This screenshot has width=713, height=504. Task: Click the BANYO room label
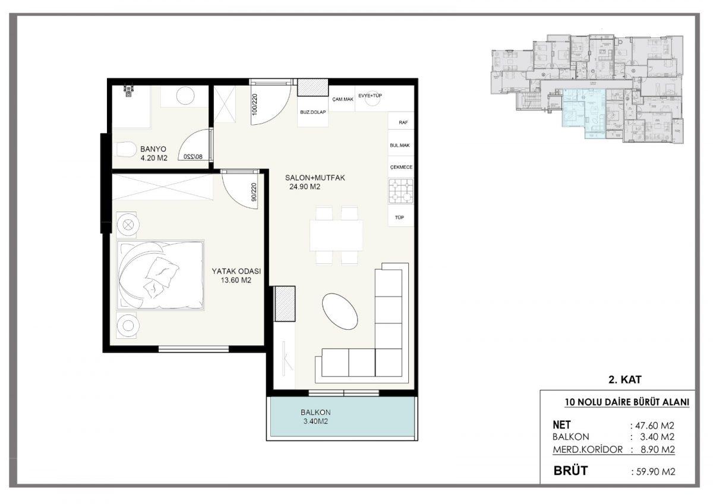click(153, 149)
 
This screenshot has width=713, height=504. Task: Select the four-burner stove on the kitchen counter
click(400, 191)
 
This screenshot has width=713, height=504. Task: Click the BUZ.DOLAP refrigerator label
click(313, 112)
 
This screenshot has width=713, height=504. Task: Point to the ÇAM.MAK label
click(343, 99)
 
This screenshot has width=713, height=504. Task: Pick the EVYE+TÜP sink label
click(370, 96)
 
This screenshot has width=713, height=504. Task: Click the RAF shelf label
click(403, 122)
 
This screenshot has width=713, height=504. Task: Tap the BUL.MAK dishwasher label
click(400, 145)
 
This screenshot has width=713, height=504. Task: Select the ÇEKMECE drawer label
click(401, 167)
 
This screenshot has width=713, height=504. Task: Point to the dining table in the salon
click(336, 235)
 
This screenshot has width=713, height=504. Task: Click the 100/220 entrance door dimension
click(254, 104)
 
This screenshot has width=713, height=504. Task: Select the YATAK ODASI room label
click(236, 271)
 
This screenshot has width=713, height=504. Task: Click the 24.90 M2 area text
click(305, 187)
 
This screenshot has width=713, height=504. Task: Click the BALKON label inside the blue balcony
click(316, 412)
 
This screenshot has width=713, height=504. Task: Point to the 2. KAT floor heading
click(625, 380)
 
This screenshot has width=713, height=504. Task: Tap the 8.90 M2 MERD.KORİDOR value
click(658, 449)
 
